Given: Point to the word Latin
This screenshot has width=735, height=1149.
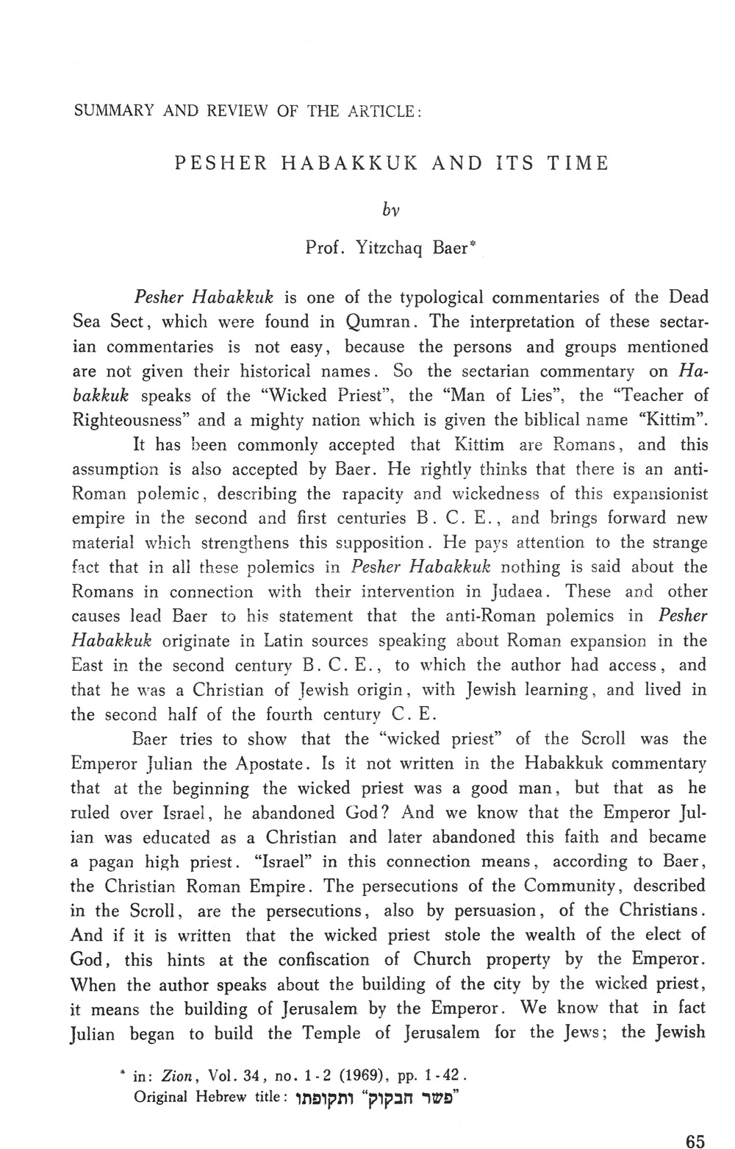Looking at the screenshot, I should pyautogui.click(x=270, y=641).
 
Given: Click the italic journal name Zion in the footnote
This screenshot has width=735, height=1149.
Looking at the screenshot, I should pyautogui.click(x=177, y=1076).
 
